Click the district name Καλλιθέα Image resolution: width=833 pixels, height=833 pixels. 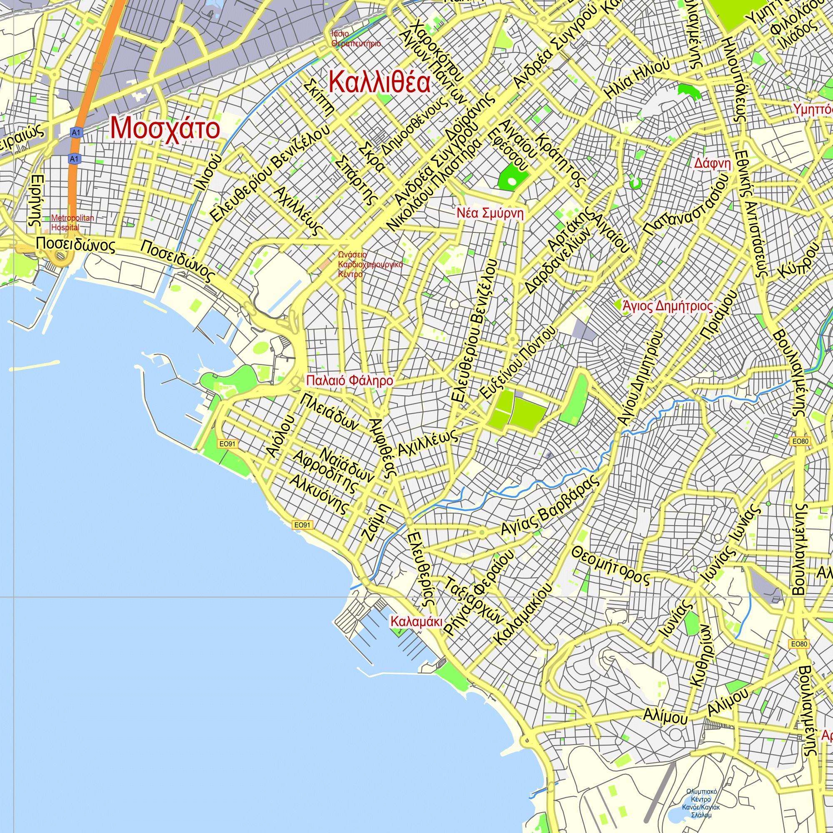click(x=379, y=82)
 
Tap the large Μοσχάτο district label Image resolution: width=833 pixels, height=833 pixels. click(x=165, y=128)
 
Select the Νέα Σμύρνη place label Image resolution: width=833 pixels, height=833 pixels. click(x=490, y=213)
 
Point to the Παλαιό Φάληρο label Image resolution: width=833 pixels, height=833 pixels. click(x=349, y=380)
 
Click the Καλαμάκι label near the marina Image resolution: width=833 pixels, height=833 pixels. click(x=416, y=621)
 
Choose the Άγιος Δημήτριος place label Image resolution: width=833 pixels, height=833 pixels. click(x=667, y=306)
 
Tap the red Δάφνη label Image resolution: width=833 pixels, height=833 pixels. click(x=713, y=163)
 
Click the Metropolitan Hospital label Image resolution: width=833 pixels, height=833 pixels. click(x=72, y=222)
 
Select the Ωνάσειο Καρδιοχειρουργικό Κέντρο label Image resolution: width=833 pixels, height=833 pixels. click(x=369, y=264)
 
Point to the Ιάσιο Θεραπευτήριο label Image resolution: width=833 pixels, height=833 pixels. click(x=356, y=39)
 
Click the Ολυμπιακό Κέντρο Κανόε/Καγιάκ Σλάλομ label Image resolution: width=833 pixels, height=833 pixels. click(x=701, y=803)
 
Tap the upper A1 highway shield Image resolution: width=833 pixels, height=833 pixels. click(x=76, y=132)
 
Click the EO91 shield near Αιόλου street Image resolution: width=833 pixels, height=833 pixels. click(x=228, y=444)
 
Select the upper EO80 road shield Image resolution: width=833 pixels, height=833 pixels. click(x=800, y=441)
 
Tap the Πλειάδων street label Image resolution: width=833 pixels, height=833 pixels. click(x=330, y=412)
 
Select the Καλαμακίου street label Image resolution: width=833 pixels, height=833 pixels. click(x=523, y=614)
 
